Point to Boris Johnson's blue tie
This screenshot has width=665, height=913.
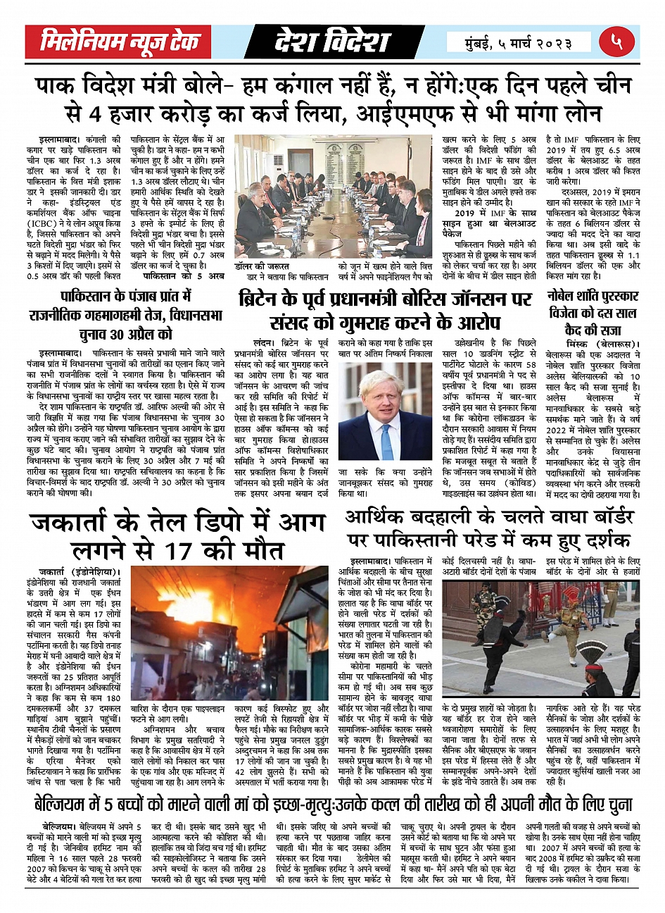point(386,441)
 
